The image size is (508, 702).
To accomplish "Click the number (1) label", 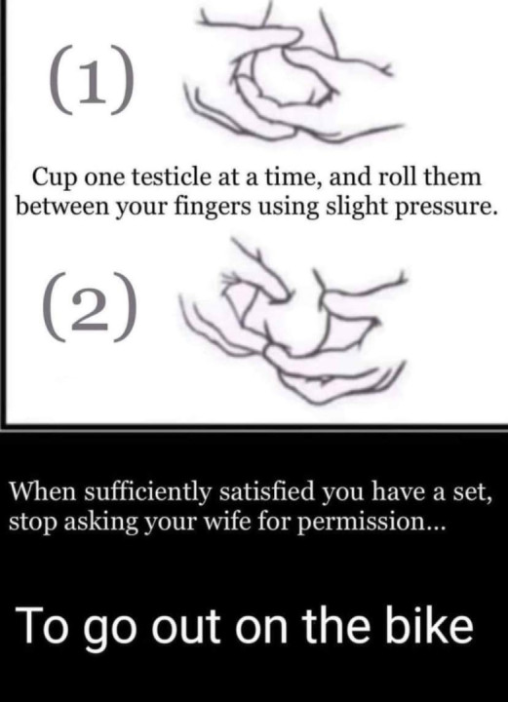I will (x=89, y=84).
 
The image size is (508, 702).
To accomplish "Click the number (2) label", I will (x=90, y=311).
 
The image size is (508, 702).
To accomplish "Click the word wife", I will (x=227, y=520).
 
